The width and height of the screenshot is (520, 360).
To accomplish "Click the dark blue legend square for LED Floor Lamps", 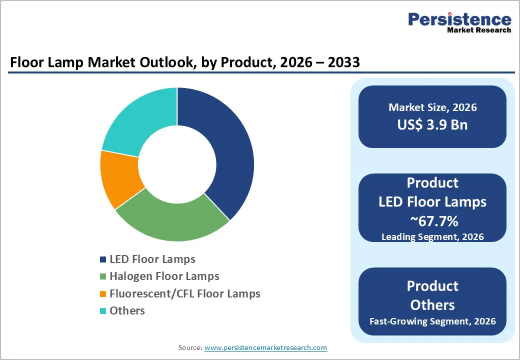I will pos(103,259).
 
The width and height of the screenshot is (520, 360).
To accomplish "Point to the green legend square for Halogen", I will pos(103,276).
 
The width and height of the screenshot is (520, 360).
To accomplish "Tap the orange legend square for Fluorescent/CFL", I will pos(103,293).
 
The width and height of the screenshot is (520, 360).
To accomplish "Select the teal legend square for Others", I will pos(103,310).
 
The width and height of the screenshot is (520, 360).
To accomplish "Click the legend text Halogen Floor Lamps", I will pos(164,276).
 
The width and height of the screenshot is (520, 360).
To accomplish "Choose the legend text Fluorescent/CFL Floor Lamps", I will pos(185,293).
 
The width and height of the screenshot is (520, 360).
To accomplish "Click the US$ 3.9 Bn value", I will pos(432,124).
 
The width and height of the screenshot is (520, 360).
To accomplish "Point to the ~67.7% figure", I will pos(432,220).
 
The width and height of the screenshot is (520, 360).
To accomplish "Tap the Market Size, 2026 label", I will pos(432,107).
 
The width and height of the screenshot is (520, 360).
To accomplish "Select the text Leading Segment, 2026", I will pos(432,236).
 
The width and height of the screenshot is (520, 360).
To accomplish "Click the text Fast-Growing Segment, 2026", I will pos(432,320).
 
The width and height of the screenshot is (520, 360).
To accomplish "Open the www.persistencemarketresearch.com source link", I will pos(265,347).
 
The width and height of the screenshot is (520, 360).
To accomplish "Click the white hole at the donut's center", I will pos(177,164).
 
